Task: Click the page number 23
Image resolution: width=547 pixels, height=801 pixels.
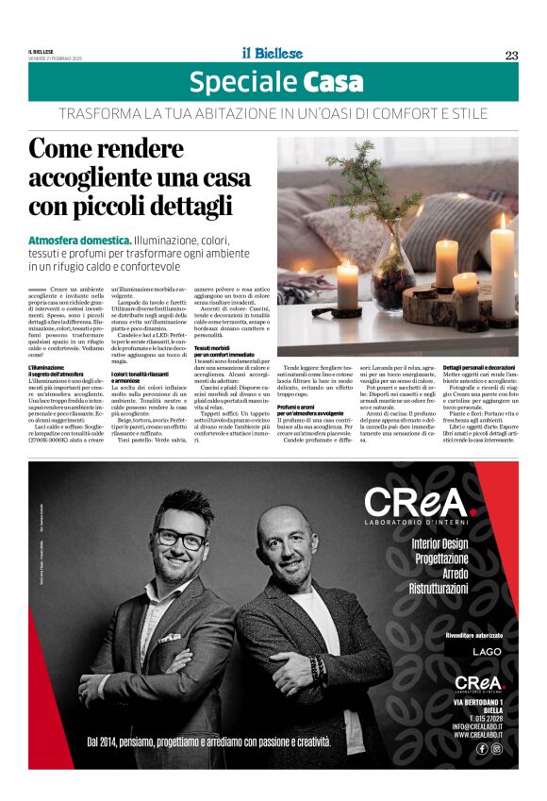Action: [511, 55]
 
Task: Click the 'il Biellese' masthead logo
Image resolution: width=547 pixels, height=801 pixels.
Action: [272, 54]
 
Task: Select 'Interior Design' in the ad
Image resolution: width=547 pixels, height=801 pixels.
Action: [439, 543]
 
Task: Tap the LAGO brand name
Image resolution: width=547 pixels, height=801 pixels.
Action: [488, 652]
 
